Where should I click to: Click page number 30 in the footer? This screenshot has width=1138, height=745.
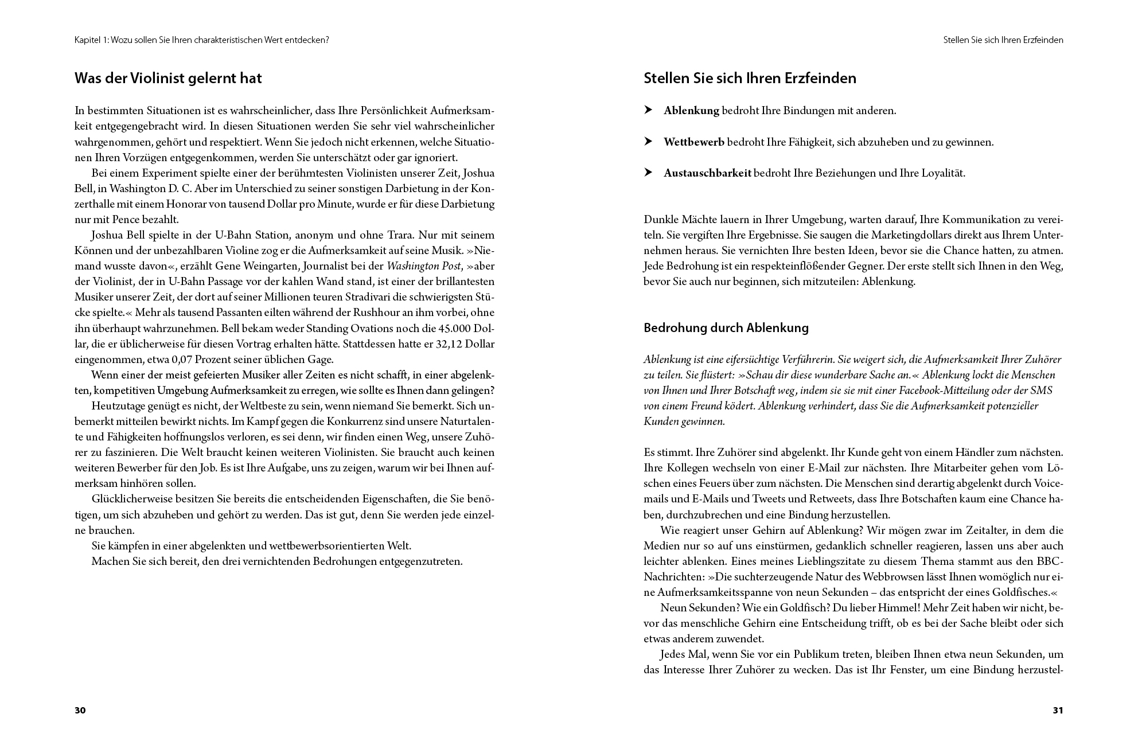point(80,710)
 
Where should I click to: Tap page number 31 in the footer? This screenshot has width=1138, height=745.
point(1058,710)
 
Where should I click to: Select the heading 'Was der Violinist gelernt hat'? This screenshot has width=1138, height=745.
point(168,78)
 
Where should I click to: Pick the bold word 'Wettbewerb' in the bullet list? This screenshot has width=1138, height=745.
point(694,142)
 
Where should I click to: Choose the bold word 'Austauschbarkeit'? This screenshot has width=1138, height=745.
point(707,173)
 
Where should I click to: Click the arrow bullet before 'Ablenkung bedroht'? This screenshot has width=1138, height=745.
point(648,110)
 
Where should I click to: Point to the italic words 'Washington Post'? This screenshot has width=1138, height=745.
point(424,266)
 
